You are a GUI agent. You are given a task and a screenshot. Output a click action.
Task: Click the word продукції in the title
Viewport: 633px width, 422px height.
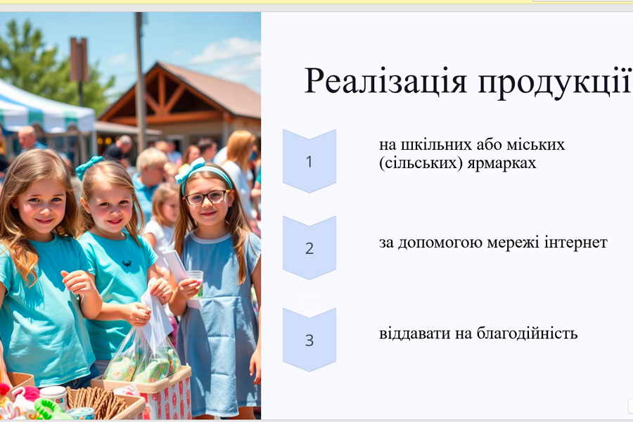pos(555,83)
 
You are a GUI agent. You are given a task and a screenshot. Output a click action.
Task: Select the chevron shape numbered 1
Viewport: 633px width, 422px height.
pos(309,161)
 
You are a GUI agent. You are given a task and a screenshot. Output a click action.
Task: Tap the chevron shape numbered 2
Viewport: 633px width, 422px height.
pos(309,248)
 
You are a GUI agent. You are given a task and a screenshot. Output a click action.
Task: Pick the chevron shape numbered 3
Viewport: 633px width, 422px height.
pos(309,340)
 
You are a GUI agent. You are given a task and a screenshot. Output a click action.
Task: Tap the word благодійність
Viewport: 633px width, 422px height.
pos(527,334)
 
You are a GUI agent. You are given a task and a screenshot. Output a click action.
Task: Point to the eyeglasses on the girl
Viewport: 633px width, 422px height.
pos(206,198)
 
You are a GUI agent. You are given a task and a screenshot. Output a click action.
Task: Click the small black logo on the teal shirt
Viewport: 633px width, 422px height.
pos(127,264)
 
